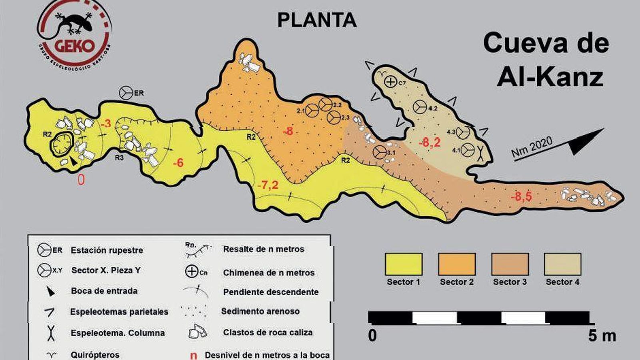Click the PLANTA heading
[x=317, y=20]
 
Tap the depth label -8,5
[x=521, y=196]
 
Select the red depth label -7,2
[x=268, y=185]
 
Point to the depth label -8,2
[x=430, y=142]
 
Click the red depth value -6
[x=178, y=162]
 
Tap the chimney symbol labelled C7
[x=390, y=82]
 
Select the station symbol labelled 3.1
[x=379, y=152]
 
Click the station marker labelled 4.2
[x=419, y=107]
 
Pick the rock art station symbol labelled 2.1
[x=312, y=111]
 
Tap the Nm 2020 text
[x=532, y=147]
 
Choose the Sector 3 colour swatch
[x=510, y=264]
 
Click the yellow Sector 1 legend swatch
[x=403, y=264]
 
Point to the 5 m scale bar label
[x=602, y=336]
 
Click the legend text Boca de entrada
[x=104, y=291]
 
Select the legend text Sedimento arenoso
[x=260, y=311]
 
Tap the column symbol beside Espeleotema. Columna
[x=51, y=333]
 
